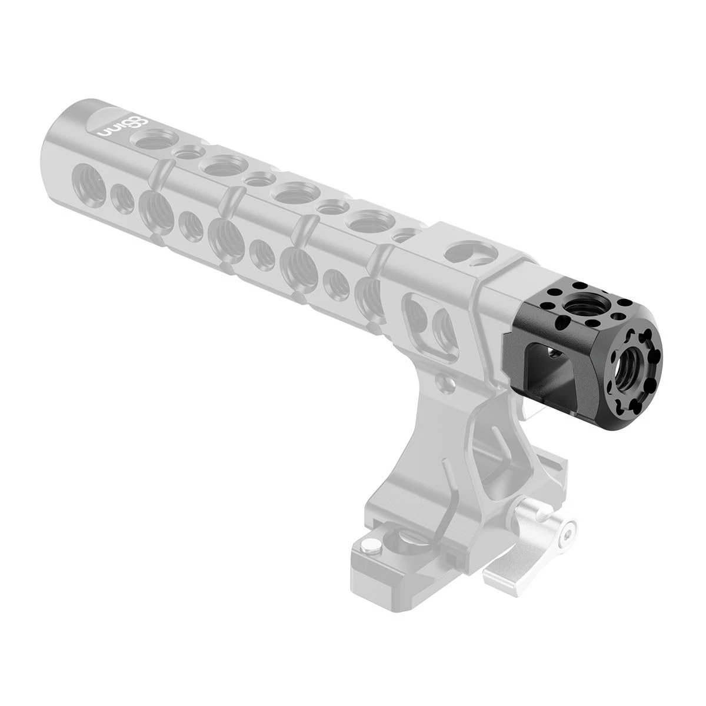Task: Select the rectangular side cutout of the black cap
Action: [541, 377]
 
